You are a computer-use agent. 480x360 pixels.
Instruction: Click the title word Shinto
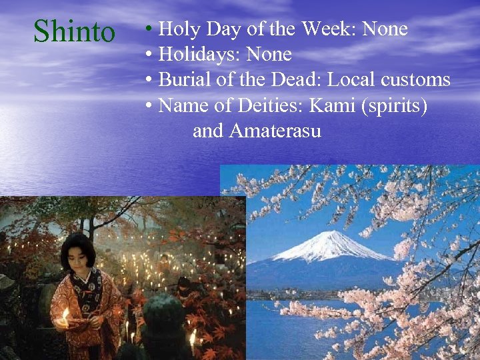(74, 31)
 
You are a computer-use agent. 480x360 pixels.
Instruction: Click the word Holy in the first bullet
(175, 29)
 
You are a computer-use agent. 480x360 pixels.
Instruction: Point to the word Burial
(184, 80)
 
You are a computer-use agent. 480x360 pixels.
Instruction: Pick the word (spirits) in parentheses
(395, 106)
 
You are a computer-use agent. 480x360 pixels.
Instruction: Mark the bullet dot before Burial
(150, 81)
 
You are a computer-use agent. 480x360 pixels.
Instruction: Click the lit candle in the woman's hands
(65, 313)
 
